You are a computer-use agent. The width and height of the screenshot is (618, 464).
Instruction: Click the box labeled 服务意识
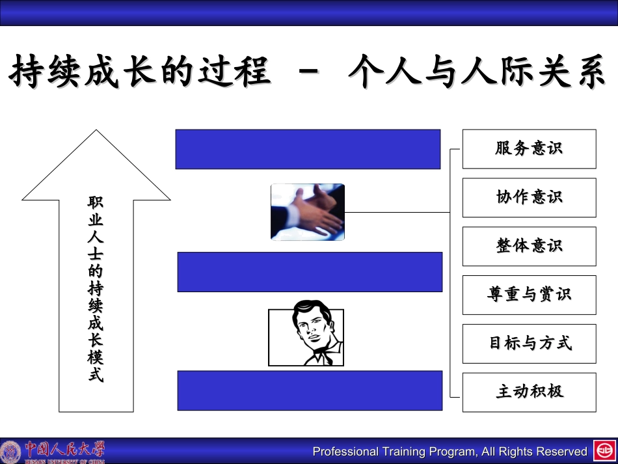click(529, 149)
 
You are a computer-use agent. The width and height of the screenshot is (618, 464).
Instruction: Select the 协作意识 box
click(529, 197)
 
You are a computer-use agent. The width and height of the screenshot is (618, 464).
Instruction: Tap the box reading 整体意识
click(529, 246)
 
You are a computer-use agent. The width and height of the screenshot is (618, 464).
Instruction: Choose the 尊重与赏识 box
click(529, 295)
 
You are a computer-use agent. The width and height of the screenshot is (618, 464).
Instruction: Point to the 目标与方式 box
click(529, 344)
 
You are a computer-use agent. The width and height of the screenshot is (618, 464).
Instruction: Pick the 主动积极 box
click(529, 392)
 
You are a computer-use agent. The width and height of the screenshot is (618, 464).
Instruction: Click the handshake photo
click(307, 212)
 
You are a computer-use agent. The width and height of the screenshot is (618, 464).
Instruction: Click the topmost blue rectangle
click(308, 149)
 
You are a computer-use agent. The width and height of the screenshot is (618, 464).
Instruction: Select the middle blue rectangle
click(310, 271)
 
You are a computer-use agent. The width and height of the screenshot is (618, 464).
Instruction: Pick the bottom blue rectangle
click(310, 390)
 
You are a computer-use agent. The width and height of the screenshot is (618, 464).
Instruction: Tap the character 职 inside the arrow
click(96, 203)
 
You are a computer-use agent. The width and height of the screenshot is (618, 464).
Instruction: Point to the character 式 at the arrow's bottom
click(96, 375)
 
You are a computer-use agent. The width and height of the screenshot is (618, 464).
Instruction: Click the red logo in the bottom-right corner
click(603, 451)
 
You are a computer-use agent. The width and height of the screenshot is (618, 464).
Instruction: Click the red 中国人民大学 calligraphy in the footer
click(64, 448)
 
